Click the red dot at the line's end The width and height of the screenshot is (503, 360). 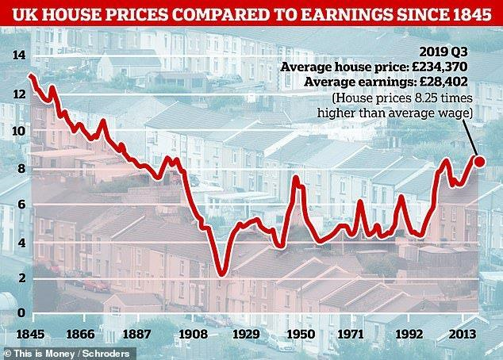coord(478,162)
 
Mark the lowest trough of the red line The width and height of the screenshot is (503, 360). coord(221,274)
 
